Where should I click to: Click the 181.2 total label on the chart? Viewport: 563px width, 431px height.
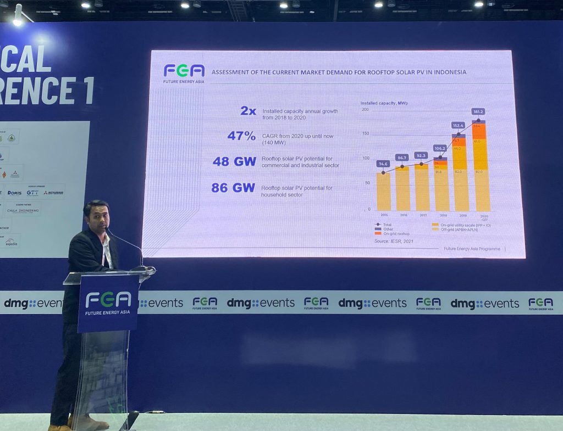tap(478, 111)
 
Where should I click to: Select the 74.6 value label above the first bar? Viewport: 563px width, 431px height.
tap(383, 164)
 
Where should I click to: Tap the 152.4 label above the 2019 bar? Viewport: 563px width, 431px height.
tap(458, 125)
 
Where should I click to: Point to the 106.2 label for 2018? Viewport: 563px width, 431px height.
tap(440, 148)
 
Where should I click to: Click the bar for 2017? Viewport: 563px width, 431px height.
tap(422, 187)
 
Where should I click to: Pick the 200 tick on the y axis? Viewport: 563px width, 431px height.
tap(365, 110)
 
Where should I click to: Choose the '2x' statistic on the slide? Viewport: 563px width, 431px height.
tap(249, 111)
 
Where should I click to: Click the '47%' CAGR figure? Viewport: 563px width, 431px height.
tap(241, 136)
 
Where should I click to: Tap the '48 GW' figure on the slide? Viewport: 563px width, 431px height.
tap(234, 161)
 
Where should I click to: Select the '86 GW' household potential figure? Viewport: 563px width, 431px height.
tap(233, 188)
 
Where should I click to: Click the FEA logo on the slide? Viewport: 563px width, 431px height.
tap(184, 71)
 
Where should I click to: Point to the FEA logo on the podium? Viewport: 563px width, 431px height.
tap(108, 299)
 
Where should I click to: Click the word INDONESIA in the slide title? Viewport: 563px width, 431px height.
tap(448, 72)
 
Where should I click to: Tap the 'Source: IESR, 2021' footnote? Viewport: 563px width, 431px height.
tap(394, 241)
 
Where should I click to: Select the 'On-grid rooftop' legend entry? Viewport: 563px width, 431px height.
tap(396, 233)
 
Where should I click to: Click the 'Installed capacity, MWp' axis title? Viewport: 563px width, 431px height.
tap(384, 103)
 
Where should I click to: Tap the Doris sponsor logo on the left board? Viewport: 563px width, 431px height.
tap(14, 193)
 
